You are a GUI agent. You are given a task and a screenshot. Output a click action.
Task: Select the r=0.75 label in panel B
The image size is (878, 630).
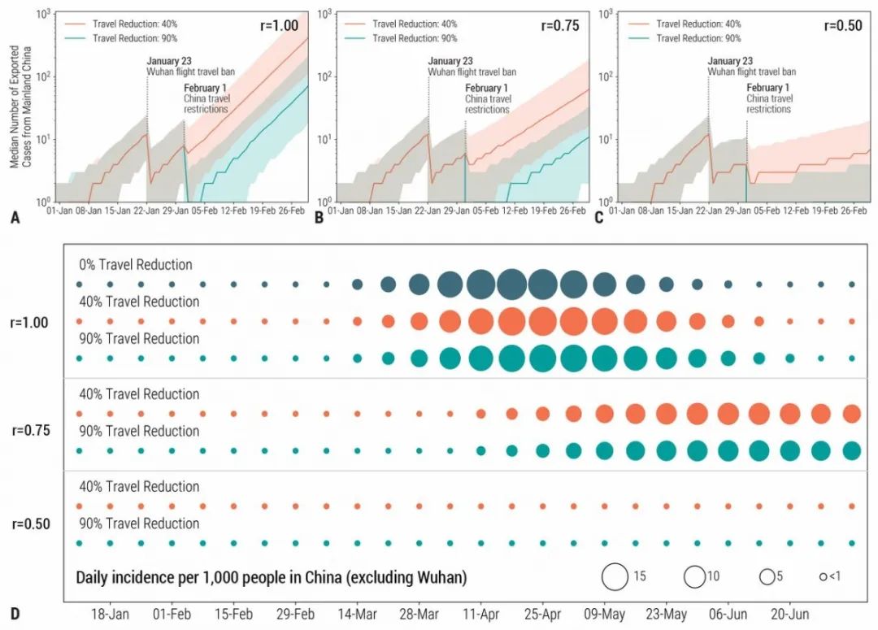pos(560,26)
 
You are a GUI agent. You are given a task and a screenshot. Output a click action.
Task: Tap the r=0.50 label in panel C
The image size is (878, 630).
pos(841,26)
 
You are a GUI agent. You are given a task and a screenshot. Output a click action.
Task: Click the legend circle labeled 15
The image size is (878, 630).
pos(615,576)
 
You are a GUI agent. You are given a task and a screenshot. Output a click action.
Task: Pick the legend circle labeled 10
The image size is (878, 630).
pos(694,576)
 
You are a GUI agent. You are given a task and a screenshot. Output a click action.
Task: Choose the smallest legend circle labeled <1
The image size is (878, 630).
pos(823,576)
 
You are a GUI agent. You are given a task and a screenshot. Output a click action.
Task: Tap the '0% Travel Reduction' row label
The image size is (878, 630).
pos(136,265)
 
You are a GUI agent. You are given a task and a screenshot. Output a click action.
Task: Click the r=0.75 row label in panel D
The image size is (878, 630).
pos(30,431)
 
